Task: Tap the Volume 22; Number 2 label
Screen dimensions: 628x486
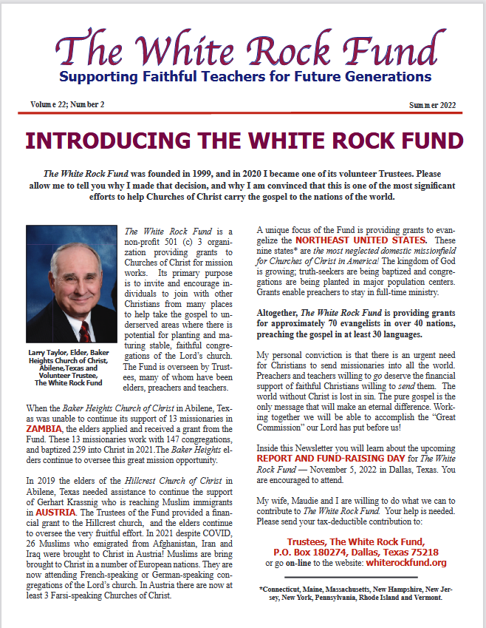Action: pyautogui.click(x=67, y=104)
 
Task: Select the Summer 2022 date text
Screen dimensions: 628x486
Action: pyautogui.click(x=432, y=105)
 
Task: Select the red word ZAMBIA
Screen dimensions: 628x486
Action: pyautogui.click(x=44, y=428)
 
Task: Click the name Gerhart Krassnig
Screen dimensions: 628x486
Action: pyautogui.click(x=61, y=492)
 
